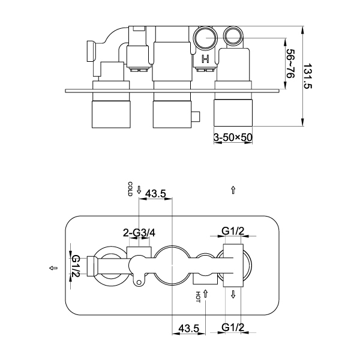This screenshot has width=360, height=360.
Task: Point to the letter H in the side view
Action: click(205, 59)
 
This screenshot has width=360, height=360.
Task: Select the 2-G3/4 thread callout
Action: click(139, 232)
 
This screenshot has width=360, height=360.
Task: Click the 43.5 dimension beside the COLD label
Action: click(155, 193)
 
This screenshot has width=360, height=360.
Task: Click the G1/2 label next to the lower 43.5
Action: click(232, 328)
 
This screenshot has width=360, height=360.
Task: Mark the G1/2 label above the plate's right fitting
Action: click(233, 231)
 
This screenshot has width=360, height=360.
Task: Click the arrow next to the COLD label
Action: click(139, 189)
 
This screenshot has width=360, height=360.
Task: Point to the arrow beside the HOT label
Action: click(205, 294)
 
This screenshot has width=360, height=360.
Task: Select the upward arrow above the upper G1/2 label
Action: click(233, 190)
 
